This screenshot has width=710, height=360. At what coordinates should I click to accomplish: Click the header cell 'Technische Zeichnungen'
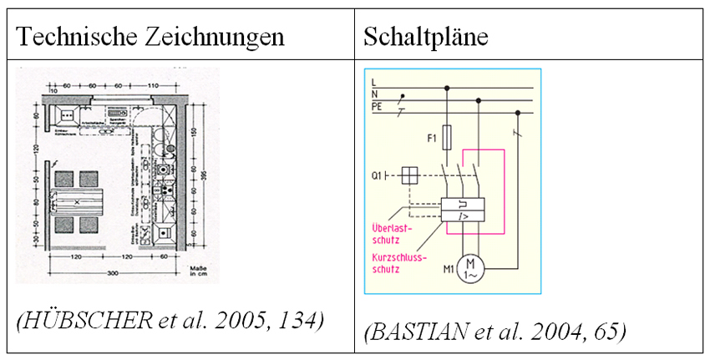coord(151,38)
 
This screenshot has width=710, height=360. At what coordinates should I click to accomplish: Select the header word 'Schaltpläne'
coord(426,38)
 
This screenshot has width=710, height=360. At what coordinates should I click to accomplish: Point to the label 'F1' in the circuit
coord(431,134)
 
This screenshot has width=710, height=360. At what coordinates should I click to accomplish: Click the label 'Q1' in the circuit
coord(378,175)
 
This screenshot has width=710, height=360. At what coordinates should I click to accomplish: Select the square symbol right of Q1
coord(410,175)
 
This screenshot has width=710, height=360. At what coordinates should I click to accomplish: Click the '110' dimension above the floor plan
coord(152,86)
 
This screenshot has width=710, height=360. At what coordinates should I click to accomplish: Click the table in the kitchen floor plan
coord(74,202)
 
